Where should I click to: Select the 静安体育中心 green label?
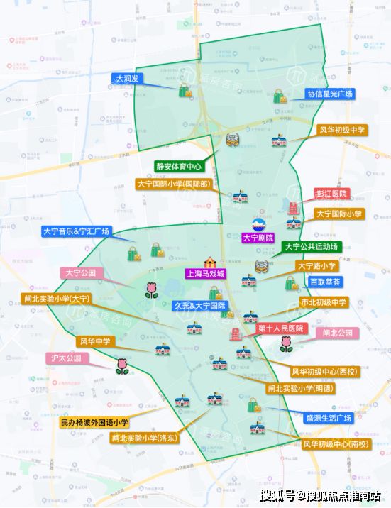tap(179, 167)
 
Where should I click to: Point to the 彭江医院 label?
tap(331, 194)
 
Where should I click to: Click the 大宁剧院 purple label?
tap(258, 238)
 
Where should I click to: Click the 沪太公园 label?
tap(67, 358)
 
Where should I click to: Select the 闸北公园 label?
tap(338, 333)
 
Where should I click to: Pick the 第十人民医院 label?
tap(280, 328)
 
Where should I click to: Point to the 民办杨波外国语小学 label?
tap(94, 422)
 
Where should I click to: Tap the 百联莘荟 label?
tap(325, 282)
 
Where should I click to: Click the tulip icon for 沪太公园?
tap(123, 366)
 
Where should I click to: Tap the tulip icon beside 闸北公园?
tap(286, 344)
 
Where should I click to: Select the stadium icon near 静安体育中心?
tap(232, 140)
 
